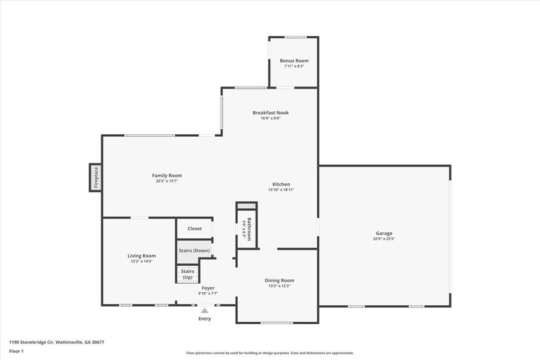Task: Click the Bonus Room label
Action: (x=294, y=61)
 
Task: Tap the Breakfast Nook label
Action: (x=270, y=113)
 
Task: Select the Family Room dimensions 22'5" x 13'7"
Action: (x=167, y=181)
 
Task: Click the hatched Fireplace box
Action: (x=96, y=178)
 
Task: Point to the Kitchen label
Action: (x=281, y=184)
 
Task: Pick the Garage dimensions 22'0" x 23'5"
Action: (x=384, y=238)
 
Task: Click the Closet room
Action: (x=194, y=228)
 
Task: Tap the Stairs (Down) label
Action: (x=194, y=251)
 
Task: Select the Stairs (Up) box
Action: (x=187, y=274)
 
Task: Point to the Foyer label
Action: (x=208, y=288)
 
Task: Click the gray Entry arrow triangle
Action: (x=204, y=310)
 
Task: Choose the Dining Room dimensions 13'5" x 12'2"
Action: (x=279, y=285)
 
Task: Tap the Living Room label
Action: (x=142, y=256)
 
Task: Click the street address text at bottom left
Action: (x=57, y=342)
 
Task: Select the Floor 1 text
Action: (x=16, y=352)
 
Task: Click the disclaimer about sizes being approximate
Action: (x=270, y=353)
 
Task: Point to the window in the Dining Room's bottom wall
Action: (x=276, y=323)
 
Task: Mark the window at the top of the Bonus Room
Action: (x=295, y=37)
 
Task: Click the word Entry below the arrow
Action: (x=204, y=319)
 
